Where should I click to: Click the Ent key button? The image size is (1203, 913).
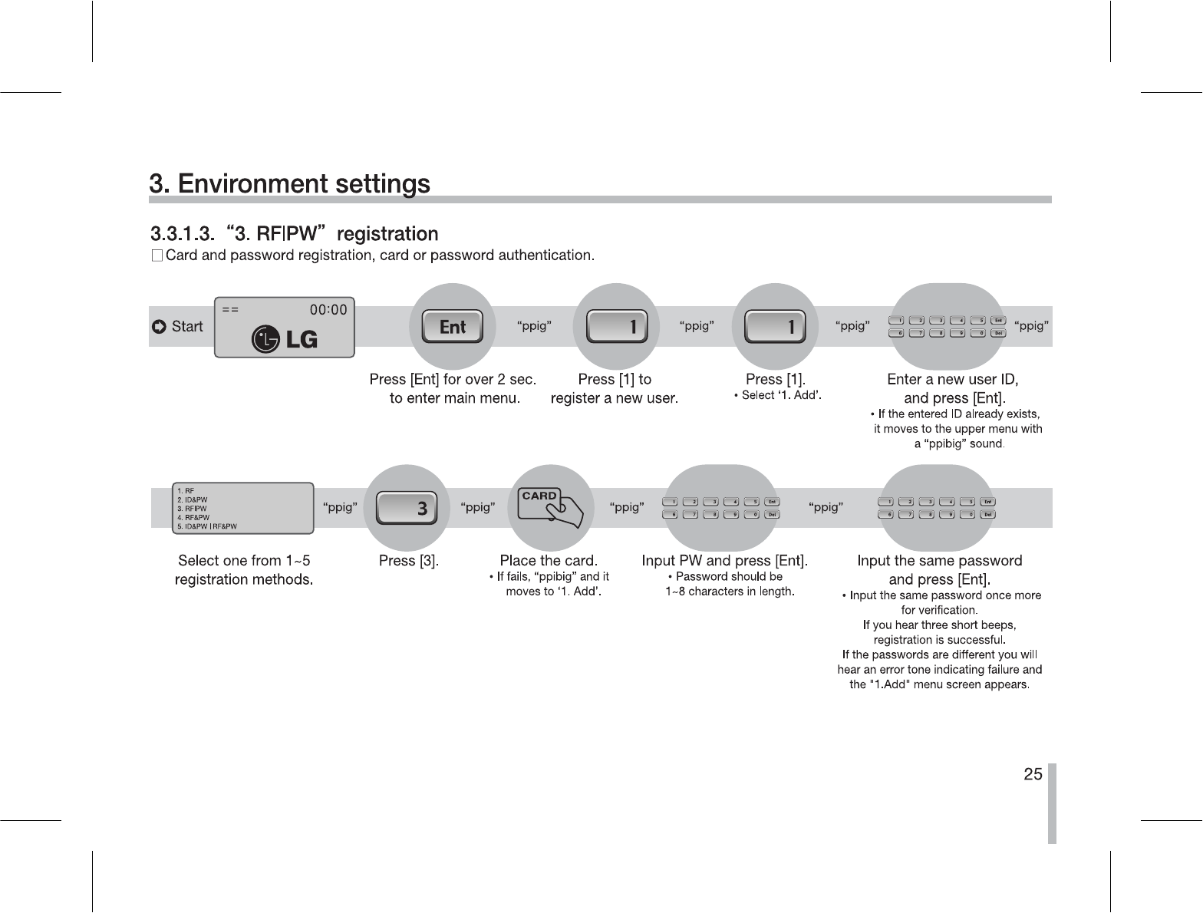pos(453,327)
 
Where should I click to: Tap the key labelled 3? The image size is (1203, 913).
pos(407,508)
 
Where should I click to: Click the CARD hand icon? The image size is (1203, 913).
pos(551,506)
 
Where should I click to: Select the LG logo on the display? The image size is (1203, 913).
pos(285,339)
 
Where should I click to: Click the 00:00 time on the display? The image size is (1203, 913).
pos(328,309)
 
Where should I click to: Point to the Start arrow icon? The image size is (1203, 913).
pos(159,328)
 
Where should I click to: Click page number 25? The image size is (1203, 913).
pos(1033,774)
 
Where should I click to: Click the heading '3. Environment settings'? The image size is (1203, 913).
pos(289,184)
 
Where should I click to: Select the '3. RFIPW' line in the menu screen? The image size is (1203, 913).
pos(192,508)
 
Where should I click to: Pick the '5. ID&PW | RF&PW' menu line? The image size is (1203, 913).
pos(207,526)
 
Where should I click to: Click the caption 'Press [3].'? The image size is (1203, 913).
pos(409,561)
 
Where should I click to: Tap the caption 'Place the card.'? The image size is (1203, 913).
pos(549,561)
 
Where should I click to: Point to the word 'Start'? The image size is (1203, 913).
pos(187,327)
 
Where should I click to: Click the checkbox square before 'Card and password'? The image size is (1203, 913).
pos(157,255)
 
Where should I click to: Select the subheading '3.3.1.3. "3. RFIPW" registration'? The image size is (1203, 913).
pos(294,233)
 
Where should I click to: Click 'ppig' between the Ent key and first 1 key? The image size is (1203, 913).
pos(534,326)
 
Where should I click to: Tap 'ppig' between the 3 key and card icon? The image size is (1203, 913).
pos(477,507)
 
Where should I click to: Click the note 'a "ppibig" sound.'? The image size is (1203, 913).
pos(959,443)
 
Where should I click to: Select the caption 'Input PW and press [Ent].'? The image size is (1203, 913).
pos(725,561)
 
